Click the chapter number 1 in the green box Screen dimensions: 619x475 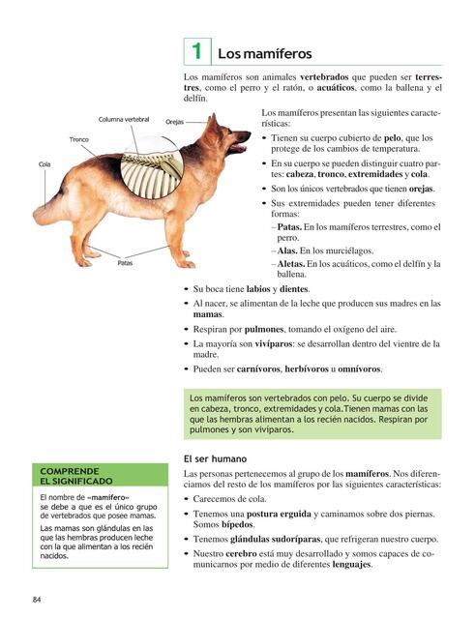(195, 50)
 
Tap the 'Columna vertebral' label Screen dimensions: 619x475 (125, 119)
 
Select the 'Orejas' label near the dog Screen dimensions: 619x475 (175, 123)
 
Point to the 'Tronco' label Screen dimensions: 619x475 (79, 140)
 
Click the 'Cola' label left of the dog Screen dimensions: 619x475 (45, 165)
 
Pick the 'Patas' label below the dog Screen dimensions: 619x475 (126, 262)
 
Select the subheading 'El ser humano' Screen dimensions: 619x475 (216, 458)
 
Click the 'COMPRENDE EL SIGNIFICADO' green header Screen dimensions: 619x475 (76, 475)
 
